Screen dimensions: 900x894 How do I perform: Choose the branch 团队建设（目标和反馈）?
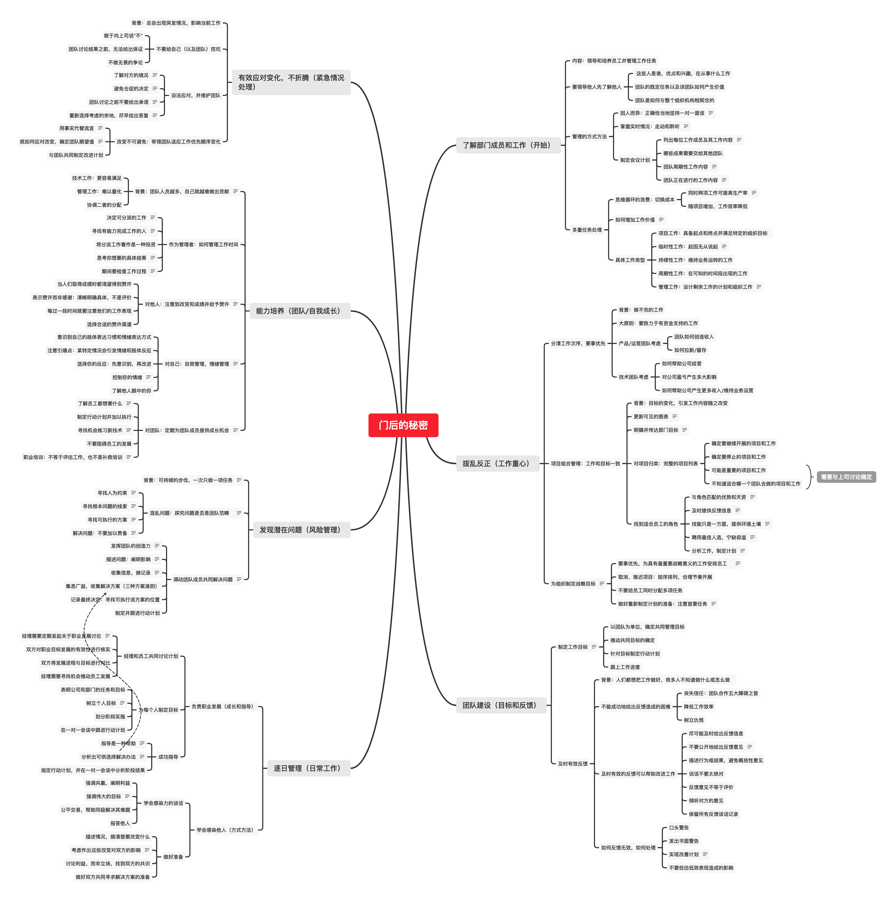tap(499, 705)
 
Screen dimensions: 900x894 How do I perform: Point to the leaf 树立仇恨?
tap(693, 720)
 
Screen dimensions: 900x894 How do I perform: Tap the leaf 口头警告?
tap(679, 828)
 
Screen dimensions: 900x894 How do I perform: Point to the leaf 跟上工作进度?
tap(625, 667)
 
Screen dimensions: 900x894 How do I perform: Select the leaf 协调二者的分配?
tap(104, 205)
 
